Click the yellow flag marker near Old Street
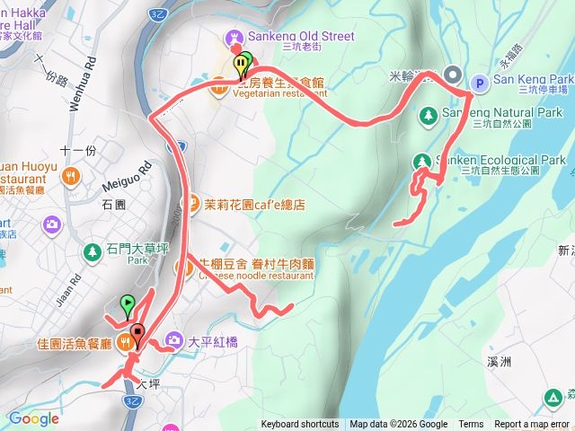(x=240, y=66)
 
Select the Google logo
(x=33, y=418)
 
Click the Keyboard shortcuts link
(x=300, y=425)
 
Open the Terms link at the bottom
(x=471, y=425)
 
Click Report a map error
(x=533, y=425)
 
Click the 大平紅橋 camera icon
(x=172, y=341)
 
